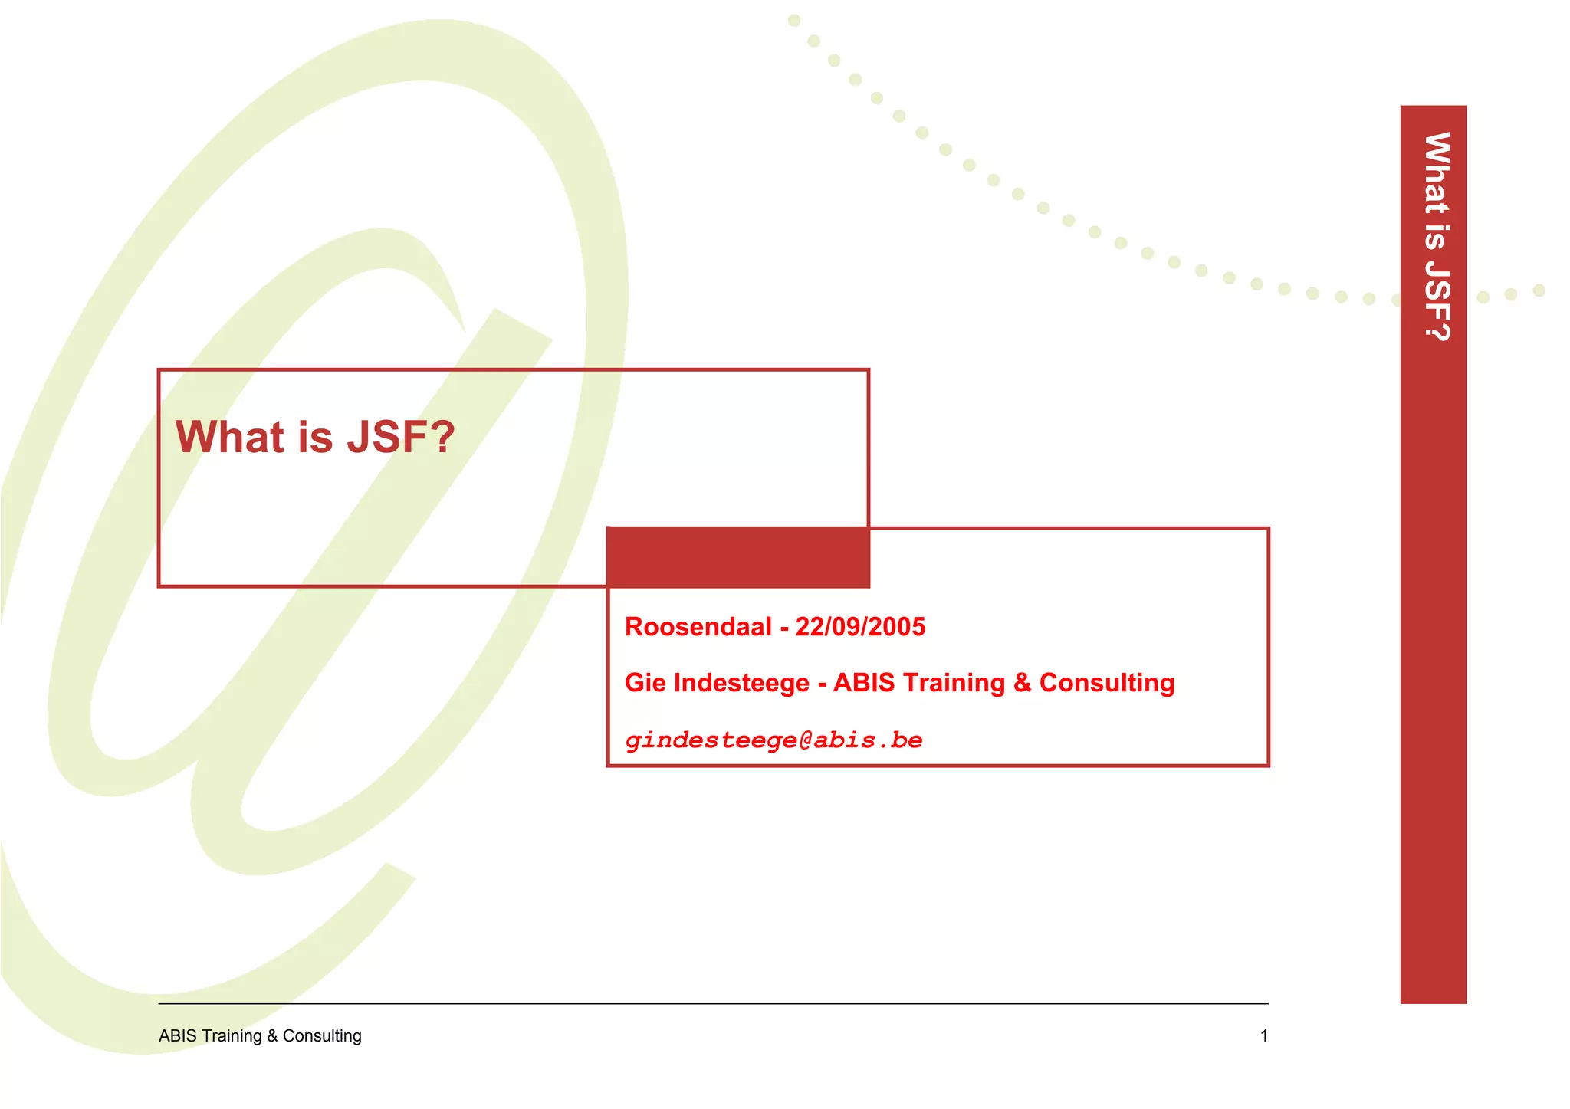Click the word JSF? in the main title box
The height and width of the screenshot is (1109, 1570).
(401, 437)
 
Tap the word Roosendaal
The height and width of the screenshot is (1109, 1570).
(698, 627)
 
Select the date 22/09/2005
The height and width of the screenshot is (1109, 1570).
(860, 627)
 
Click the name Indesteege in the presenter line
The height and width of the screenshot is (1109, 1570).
(741, 683)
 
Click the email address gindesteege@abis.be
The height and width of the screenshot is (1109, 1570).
(774, 740)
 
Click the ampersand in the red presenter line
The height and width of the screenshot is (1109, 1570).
(1022, 683)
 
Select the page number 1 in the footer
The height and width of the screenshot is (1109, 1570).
(1264, 1036)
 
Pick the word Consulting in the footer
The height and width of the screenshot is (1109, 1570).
(322, 1036)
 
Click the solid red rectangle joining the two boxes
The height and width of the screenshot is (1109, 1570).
(737, 557)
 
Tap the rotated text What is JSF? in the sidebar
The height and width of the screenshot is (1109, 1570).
(1436, 236)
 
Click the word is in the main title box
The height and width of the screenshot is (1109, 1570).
(315, 437)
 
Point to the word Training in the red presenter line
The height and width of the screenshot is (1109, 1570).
(954, 683)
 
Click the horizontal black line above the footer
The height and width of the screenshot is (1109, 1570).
(713, 1003)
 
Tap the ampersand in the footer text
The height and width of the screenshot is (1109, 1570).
(272, 1036)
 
